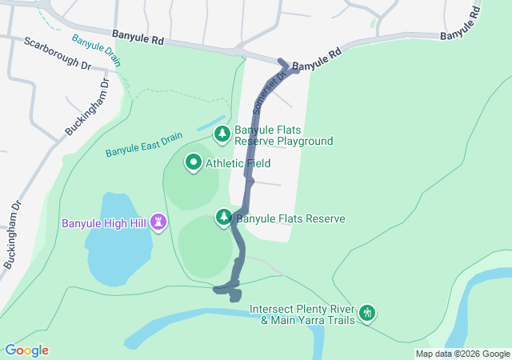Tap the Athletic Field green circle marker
point(193,163)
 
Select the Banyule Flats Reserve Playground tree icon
point(222,134)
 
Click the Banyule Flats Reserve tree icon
point(225,217)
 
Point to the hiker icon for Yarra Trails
point(367,313)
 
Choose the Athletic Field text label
point(238,163)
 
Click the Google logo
point(26,350)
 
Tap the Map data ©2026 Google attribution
point(462,354)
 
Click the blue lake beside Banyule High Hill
point(118,240)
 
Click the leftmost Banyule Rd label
point(138,36)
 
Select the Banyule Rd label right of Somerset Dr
point(316,61)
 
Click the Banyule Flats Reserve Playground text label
point(283,135)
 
